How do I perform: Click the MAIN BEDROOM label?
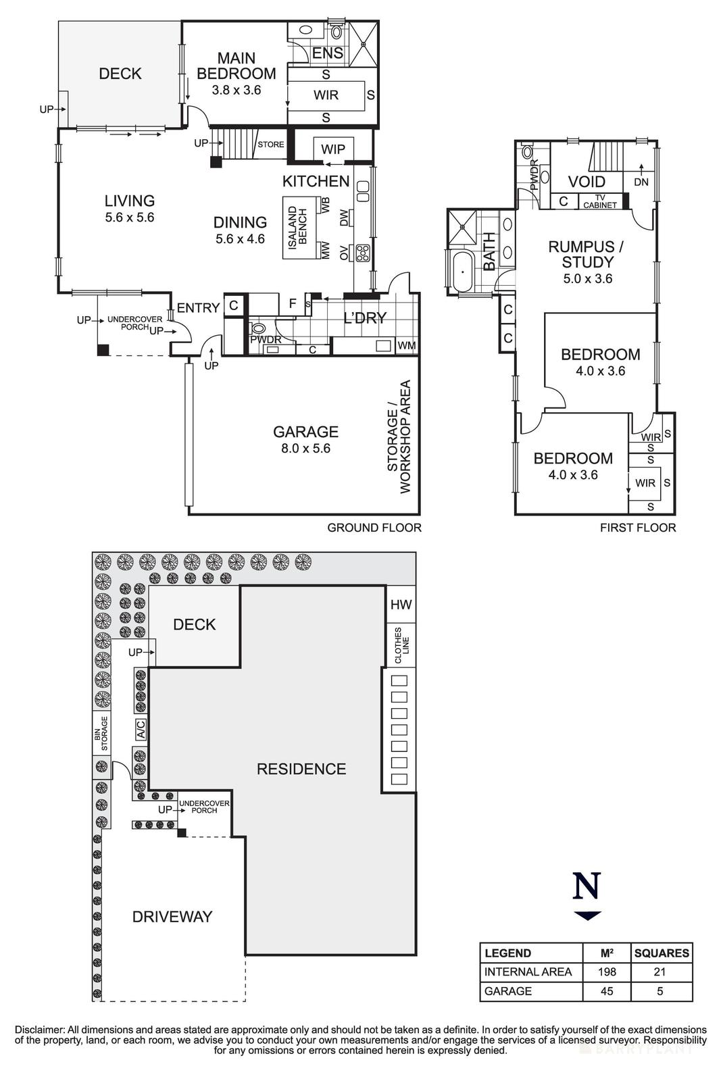236,66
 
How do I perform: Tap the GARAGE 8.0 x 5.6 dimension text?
305,449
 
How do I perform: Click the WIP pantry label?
333,149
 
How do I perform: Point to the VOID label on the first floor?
587,182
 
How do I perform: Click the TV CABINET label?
600,201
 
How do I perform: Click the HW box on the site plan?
401,604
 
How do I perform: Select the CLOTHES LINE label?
401,645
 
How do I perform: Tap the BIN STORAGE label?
101,734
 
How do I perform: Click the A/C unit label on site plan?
141,730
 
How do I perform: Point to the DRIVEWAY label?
172,917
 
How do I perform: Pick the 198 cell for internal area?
607,972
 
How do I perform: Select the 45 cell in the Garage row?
607,991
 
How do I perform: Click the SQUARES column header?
662,953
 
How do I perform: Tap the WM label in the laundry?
406,346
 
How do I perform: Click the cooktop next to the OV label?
362,253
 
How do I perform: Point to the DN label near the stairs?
641,182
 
